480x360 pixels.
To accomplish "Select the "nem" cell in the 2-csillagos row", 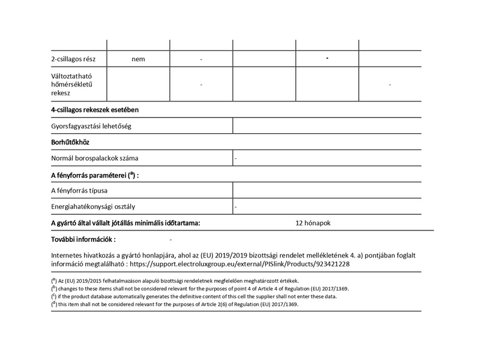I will click(139, 59).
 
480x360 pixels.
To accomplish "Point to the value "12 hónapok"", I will click(313, 223).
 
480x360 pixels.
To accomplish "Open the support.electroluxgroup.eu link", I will click(239, 263).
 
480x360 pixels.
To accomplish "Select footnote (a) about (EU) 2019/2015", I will click(174, 281).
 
